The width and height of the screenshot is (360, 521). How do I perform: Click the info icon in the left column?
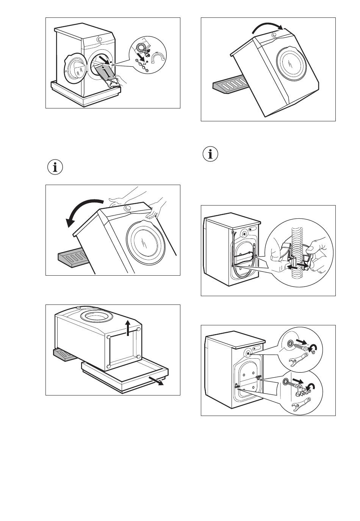(x=55, y=167)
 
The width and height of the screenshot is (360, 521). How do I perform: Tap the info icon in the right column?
(x=211, y=154)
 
